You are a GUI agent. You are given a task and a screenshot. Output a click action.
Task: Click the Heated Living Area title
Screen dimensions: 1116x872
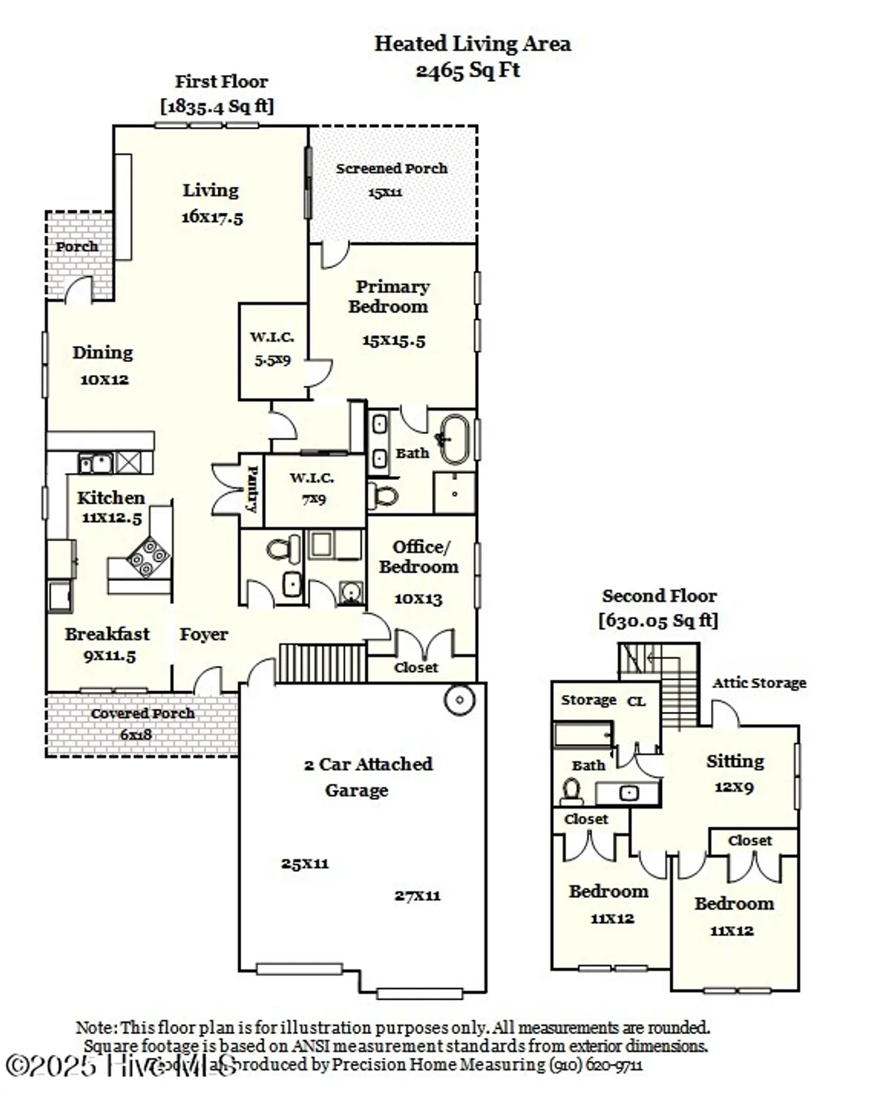coord(472,44)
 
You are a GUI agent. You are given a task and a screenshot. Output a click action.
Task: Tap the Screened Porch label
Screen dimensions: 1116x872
coord(392,169)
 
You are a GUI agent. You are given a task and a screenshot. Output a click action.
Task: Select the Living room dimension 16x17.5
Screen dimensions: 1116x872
coord(212,218)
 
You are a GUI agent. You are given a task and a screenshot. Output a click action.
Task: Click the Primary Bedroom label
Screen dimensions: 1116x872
coord(390,296)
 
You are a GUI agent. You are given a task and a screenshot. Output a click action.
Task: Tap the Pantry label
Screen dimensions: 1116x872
coord(252,489)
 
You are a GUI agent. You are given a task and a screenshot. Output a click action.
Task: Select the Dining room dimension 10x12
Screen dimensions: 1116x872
coord(104,379)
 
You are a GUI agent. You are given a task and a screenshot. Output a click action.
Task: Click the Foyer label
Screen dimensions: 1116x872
coord(203,635)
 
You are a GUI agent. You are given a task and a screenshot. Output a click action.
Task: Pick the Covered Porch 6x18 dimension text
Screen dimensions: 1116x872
coord(136,735)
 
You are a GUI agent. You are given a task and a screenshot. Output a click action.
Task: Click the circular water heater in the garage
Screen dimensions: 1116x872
coord(459,700)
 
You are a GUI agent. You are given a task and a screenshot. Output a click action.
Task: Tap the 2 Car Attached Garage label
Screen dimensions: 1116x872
coord(368,777)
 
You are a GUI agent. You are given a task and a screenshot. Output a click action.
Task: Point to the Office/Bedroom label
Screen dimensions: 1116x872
coord(419,557)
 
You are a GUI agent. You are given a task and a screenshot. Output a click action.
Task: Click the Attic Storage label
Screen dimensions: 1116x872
coord(759,683)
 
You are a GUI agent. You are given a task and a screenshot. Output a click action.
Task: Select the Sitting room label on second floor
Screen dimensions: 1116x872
coord(735,761)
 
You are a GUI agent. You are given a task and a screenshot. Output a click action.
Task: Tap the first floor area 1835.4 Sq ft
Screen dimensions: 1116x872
coord(217,106)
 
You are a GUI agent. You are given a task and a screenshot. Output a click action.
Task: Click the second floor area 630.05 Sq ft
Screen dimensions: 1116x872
coord(658,620)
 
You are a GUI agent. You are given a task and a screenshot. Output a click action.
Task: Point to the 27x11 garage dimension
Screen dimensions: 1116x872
coord(417,896)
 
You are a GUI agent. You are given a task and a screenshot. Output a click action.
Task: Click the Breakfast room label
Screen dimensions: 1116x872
coord(107,635)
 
